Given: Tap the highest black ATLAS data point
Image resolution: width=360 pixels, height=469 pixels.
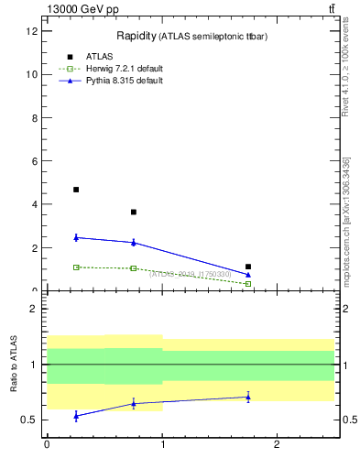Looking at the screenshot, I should pyautogui.click(x=76, y=190).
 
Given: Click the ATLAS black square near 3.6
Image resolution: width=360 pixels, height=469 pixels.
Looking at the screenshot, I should pyautogui.click(x=134, y=213).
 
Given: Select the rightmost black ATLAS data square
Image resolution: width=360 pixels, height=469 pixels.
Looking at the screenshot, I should pyautogui.click(x=248, y=267).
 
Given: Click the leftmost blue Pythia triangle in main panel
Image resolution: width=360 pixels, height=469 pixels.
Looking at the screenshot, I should pyautogui.click(x=76, y=237).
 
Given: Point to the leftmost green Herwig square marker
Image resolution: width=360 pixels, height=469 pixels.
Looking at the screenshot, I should pyautogui.click(x=76, y=267).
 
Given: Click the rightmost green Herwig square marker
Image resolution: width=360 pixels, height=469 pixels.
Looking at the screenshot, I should pyautogui.click(x=248, y=284).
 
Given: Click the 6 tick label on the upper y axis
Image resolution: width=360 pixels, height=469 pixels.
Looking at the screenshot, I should pyautogui.click(x=34, y=161).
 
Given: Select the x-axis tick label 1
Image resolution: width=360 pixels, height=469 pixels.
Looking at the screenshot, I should pyautogui.click(x=162, y=445).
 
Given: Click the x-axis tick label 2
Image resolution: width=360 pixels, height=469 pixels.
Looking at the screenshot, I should pyautogui.click(x=277, y=445).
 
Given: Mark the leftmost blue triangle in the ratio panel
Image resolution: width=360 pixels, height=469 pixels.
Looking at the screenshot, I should pyautogui.click(x=76, y=416).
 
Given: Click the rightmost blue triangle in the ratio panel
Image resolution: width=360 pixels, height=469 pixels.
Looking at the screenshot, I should pyautogui.click(x=248, y=398).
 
